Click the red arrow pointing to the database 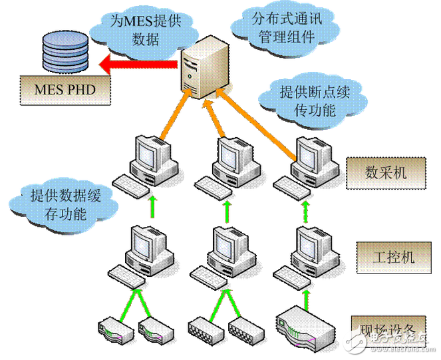[136, 65]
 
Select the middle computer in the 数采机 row [226, 163]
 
